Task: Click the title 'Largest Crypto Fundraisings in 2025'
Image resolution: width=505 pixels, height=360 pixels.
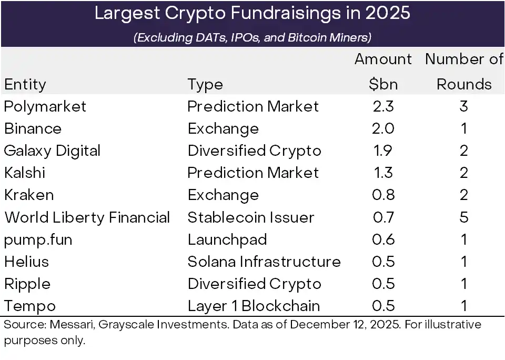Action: (x=252, y=13)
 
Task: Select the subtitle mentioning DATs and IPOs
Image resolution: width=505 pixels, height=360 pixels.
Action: (x=252, y=37)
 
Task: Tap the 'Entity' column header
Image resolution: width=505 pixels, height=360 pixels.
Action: (x=25, y=84)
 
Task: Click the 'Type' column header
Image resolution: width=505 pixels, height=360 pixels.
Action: (x=205, y=84)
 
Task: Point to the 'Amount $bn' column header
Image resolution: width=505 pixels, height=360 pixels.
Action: (x=383, y=72)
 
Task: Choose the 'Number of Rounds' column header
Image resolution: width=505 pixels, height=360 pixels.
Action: (x=464, y=72)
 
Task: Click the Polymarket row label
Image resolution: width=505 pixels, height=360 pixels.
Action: (x=45, y=106)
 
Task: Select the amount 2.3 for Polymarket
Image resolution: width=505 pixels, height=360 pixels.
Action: (x=383, y=106)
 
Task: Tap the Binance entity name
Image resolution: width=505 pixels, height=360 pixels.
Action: (x=33, y=128)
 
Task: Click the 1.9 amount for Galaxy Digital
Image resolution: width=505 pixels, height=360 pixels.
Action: (x=383, y=151)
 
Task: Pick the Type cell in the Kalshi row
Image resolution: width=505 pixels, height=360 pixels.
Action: (x=253, y=173)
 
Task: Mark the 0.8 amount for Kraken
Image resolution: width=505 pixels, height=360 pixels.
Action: (x=383, y=195)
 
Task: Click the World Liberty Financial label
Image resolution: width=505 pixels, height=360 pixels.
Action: (x=87, y=217)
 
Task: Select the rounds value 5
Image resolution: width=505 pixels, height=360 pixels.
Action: (x=464, y=217)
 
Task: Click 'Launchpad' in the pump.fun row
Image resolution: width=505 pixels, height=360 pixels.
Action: (x=227, y=239)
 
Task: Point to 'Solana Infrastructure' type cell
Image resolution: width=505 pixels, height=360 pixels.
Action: (x=264, y=262)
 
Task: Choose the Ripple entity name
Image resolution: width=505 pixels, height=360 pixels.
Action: (x=27, y=284)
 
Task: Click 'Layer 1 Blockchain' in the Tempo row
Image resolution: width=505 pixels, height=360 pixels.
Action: (x=254, y=306)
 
